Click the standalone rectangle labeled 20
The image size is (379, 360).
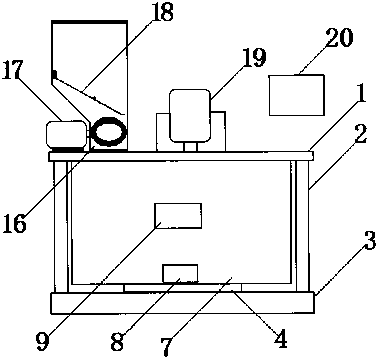[296, 95]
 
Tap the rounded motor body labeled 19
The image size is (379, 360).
[190, 116]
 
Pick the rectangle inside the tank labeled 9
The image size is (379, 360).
[178, 215]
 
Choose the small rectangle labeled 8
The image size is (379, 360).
[180, 273]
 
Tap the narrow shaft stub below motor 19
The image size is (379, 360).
[191, 146]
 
